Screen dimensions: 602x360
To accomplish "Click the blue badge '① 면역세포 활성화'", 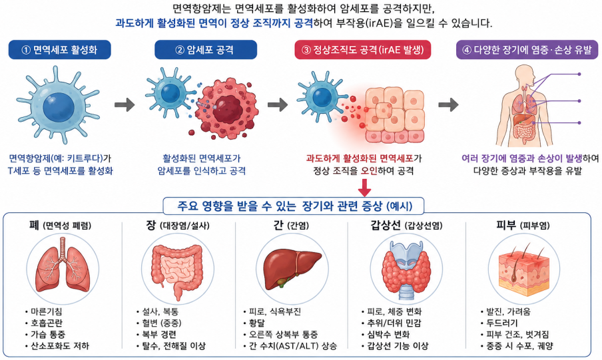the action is pos(59,50).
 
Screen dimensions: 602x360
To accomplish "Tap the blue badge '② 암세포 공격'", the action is pos(206,50).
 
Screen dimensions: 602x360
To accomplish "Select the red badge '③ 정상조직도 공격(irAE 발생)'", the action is pos(363,50).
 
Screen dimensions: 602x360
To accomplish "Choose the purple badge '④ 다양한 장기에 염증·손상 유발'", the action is pos(527,50).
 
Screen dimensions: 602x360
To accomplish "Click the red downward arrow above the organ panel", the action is pos(364,188).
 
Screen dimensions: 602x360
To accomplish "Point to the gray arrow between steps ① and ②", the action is pos(125,104).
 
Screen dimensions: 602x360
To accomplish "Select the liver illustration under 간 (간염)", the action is pos(292,269).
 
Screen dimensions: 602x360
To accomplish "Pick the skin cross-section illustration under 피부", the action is pos(524,270).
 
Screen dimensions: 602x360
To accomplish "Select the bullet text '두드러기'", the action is pos(502,323).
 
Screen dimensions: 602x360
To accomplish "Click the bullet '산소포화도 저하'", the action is pos(60,346).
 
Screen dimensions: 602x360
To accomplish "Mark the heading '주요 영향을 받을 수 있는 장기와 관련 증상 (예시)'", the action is pos(294,206).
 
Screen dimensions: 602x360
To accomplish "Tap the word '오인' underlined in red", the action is pos(369,171).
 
